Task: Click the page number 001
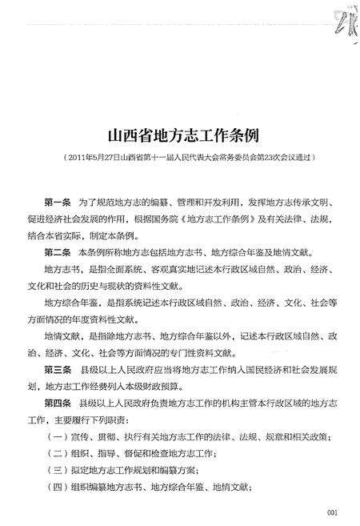(333, 513)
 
